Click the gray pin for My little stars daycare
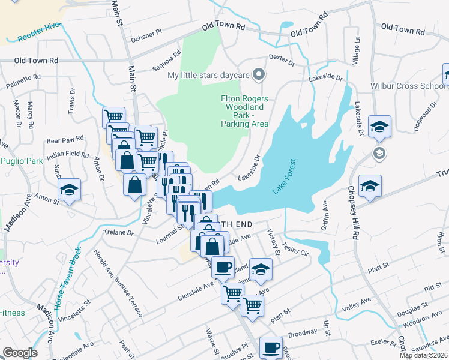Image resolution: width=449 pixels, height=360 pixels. pos(259,75)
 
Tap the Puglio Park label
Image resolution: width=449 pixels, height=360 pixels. pos(22,160)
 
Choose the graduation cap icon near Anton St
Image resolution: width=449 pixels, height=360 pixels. pos(70,190)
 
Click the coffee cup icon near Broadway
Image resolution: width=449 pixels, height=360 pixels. pos(271,347)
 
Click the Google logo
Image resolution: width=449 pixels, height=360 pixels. pos(20,353)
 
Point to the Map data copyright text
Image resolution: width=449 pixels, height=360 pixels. pos(423,355)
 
